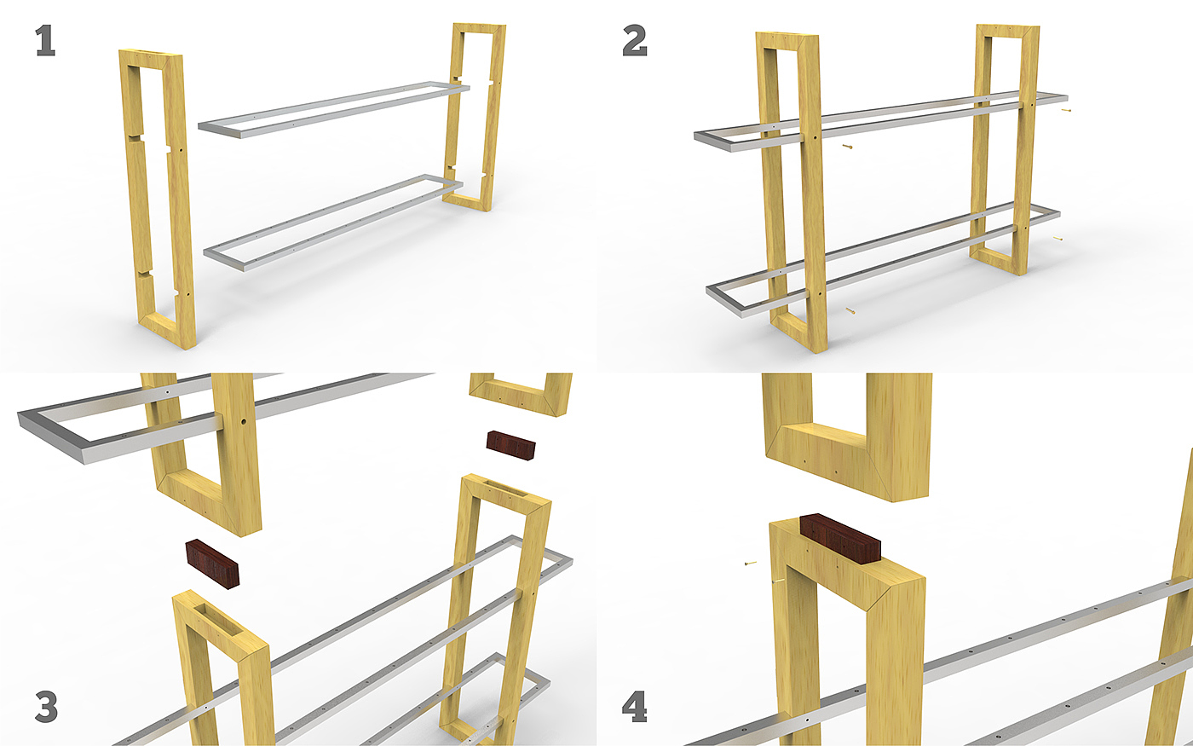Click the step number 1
[45, 42]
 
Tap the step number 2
[635, 42]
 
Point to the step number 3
[46, 707]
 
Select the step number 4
[634, 707]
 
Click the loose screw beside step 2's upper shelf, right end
[1066, 110]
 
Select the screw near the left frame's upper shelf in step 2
[847, 146]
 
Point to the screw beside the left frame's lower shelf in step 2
[850, 310]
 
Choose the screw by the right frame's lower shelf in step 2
[1058, 239]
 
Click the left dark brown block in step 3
[212, 564]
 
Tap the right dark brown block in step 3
[510, 445]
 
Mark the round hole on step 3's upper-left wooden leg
[244, 421]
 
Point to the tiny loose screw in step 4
[751, 563]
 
